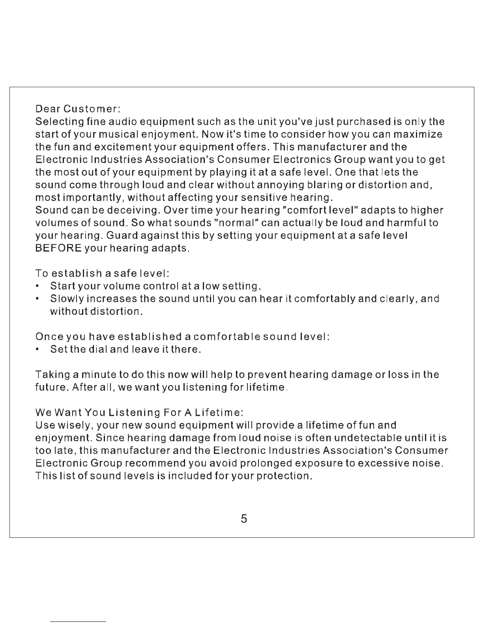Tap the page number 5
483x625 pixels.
pyautogui.click(x=244, y=518)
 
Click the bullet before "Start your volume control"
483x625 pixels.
pyautogui.click(x=37, y=286)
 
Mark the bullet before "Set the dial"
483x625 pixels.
pyautogui.click(x=37, y=350)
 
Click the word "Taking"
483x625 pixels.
pyautogui.click(x=52, y=374)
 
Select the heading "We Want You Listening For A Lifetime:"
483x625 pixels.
pyautogui.click(x=139, y=413)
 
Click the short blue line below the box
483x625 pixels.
pyautogui.click(x=79, y=621)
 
